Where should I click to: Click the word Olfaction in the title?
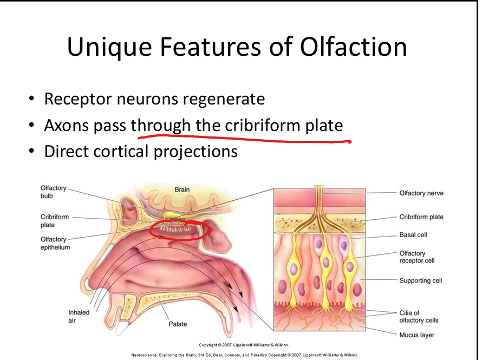pos(351,47)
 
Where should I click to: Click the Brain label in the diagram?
pos(182,189)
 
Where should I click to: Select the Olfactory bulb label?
pos(53,192)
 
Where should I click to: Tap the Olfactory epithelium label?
pos(55,243)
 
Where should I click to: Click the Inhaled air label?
pos(79,317)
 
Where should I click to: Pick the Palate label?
pos(178,324)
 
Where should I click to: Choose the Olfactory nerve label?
pos(421,193)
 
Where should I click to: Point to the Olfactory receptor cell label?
pos(416,257)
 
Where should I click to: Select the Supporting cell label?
pos(421,280)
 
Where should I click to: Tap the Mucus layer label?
pos(417,335)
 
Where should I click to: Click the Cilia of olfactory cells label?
pos(419,316)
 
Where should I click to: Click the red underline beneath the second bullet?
pos(244,140)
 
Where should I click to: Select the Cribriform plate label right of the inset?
pos(421,217)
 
